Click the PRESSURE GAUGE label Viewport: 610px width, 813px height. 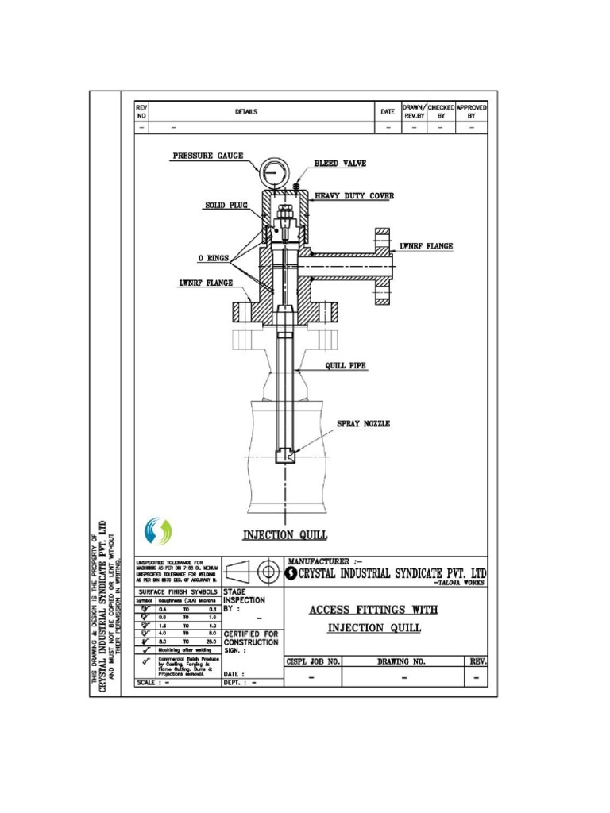coord(208,156)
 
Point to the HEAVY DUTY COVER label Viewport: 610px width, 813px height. coord(354,195)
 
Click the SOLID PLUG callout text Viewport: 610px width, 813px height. coord(227,206)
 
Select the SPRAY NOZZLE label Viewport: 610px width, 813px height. coord(363,425)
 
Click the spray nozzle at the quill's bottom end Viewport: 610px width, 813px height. coord(284,457)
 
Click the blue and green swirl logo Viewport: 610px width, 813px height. coord(156,531)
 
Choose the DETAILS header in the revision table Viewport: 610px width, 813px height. coord(246,112)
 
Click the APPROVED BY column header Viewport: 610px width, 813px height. coord(472,111)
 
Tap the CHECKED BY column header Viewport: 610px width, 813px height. coord(442,111)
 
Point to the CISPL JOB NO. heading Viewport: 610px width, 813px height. coord(313,661)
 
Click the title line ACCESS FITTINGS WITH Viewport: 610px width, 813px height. coord(373,610)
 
